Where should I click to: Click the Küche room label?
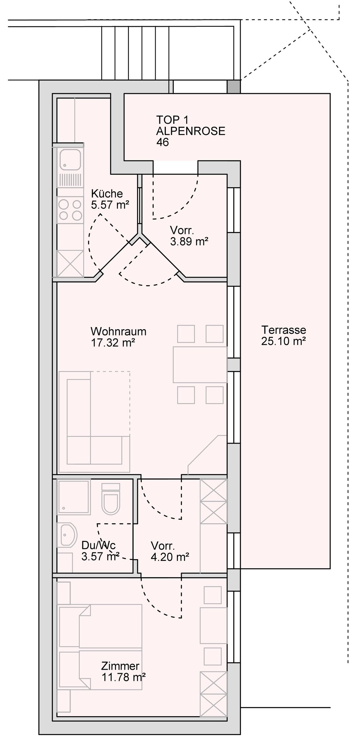(107, 194)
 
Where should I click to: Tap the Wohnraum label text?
(119, 331)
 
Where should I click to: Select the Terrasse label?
(284, 330)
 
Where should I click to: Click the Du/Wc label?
(99, 546)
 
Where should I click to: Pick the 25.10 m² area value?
(284, 341)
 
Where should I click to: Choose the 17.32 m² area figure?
(113, 342)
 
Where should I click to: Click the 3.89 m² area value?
(189, 242)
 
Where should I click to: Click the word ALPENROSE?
(191, 131)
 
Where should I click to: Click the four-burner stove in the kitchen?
(70, 209)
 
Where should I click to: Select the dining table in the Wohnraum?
(200, 365)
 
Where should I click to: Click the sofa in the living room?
(95, 422)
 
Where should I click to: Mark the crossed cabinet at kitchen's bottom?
(70, 263)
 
